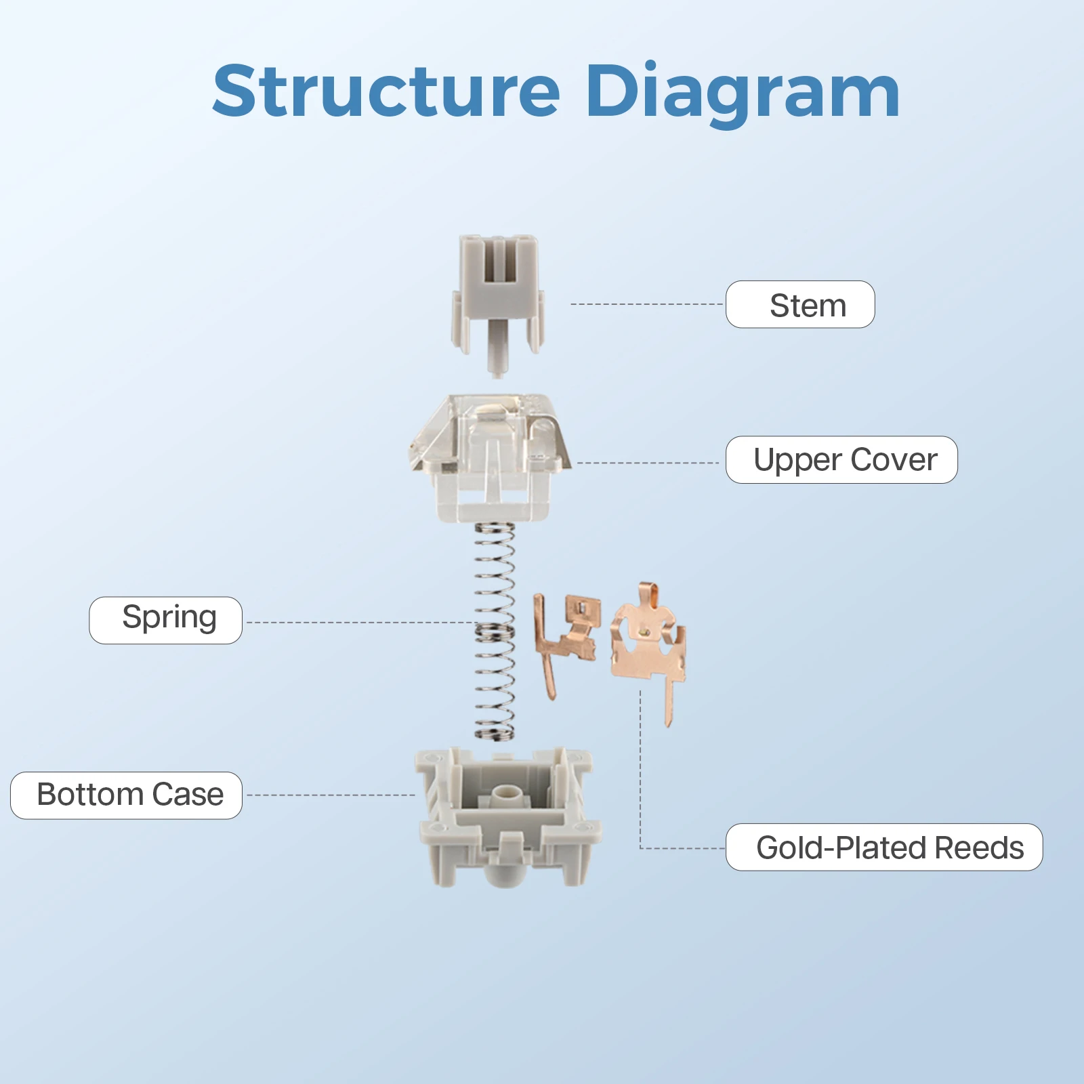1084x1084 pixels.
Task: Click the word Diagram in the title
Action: pos(742,91)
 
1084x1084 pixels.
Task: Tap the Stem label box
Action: pos(800,305)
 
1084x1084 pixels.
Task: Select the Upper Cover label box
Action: pos(841,460)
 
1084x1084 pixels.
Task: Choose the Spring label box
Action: pos(166,620)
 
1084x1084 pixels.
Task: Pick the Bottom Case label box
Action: pos(127,795)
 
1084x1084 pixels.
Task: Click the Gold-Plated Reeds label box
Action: pos(884,848)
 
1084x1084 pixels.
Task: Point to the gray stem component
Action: pos(498,298)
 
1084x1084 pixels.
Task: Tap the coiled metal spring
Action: pos(495,630)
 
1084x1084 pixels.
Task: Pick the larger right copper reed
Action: pos(647,644)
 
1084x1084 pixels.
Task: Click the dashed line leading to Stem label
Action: pos(647,304)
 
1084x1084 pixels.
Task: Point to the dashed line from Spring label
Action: pos(359,622)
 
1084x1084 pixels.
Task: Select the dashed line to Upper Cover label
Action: pos(647,463)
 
